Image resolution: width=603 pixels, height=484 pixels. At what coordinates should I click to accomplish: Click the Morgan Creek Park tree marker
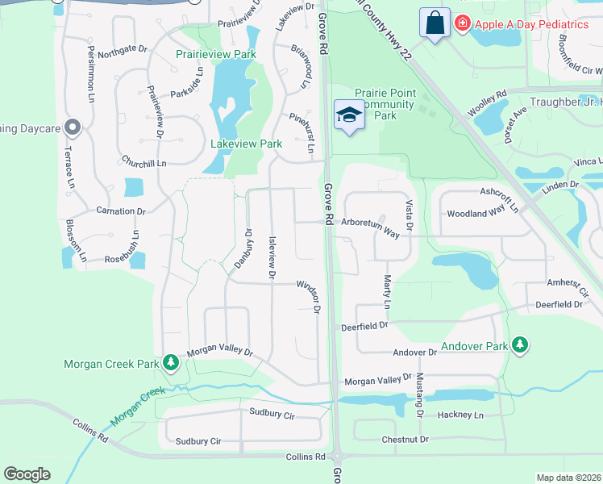click(x=170, y=363)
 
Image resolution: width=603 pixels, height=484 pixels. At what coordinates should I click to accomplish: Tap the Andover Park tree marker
click(x=521, y=346)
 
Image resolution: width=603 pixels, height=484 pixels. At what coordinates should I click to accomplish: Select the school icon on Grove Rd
click(x=350, y=115)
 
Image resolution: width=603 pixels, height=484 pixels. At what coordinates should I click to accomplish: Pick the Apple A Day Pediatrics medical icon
click(x=462, y=23)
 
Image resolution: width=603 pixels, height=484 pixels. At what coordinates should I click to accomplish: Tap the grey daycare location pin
click(x=73, y=127)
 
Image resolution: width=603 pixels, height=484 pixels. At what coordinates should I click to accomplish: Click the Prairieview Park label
click(x=216, y=55)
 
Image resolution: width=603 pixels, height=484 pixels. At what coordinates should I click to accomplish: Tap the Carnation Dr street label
click(x=120, y=211)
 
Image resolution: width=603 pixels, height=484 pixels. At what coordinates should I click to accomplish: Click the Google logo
click(x=27, y=474)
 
